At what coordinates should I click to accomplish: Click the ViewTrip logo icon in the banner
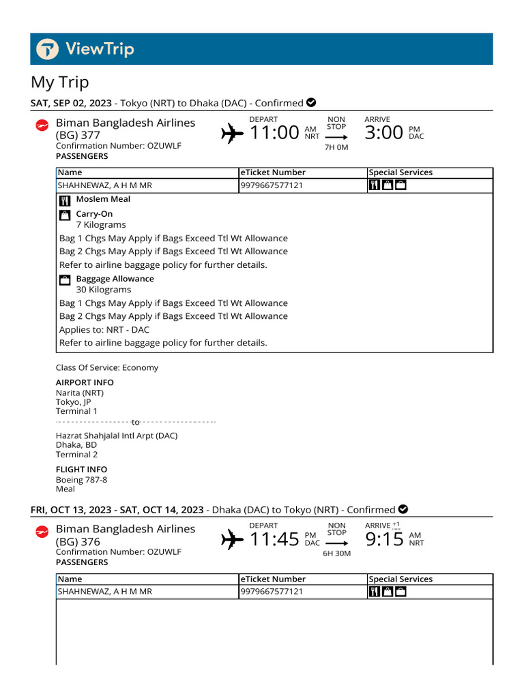[x=48, y=49]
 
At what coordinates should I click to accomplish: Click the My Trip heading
[x=60, y=82]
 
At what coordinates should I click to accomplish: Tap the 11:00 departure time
[x=275, y=132]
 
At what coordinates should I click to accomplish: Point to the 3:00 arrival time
[x=383, y=132]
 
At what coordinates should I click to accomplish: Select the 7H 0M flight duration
[x=336, y=147]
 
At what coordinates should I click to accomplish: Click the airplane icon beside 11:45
[x=233, y=541]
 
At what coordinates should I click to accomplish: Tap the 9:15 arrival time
[x=385, y=539]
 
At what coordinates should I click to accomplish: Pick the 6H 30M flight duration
[x=336, y=553]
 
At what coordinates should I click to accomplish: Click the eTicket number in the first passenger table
[x=272, y=185]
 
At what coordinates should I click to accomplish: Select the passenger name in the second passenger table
[x=104, y=592]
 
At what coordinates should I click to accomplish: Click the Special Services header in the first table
[x=401, y=172]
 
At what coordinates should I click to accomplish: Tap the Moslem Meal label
[x=103, y=199]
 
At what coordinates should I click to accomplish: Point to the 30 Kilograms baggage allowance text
[x=104, y=290]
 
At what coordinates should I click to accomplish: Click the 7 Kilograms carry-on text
[x=101, y=225]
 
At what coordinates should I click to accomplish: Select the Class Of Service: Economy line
[x=107, y=368]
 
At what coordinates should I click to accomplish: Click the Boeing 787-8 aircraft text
[x=81, y=480]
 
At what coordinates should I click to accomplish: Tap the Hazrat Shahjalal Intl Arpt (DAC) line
[x=117, y=436]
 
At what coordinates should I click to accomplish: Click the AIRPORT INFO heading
[x=85, y=382]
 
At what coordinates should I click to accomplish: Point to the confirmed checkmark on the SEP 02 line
[x=311, y=103]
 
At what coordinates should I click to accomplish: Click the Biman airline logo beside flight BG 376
[x=42, y=531]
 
